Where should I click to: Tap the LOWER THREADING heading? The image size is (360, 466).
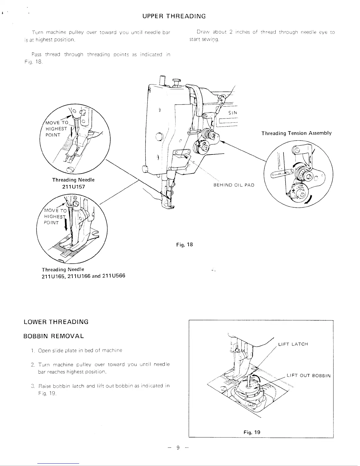[56, 322]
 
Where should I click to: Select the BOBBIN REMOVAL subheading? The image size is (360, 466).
[54, 336]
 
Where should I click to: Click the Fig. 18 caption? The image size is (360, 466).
[184, 244]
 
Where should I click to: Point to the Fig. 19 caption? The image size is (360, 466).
[252, 432]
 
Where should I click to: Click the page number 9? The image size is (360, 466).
[178, 448]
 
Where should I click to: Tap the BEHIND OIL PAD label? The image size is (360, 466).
[234, 185]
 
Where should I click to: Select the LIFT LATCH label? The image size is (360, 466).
[293, 344]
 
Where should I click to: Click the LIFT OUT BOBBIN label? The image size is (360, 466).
[309, 376]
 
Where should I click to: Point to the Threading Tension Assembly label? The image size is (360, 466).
[296, 133]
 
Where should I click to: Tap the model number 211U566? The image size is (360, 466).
[114, 276]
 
